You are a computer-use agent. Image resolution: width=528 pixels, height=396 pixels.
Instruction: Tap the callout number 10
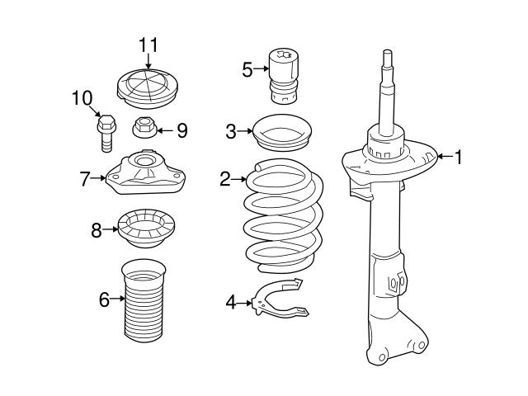(x=82, y=99)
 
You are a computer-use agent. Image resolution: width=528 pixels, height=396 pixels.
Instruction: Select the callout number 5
(x=247, y=69)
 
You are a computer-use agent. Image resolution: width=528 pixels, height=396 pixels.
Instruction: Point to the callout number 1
(x=459, y=157)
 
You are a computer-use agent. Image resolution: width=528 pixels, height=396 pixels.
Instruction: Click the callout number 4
(x=231, y=304)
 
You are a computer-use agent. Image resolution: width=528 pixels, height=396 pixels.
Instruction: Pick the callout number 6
(x=104, y=299)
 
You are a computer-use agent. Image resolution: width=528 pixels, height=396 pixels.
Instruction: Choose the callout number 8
(x=97, y=230)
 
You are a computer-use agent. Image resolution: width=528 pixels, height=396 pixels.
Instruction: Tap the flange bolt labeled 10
(x=105, y=132)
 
